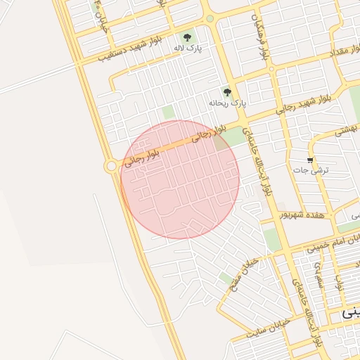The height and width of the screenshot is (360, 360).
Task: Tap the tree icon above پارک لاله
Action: tap(187, 37)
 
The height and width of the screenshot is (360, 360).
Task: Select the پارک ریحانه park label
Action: tap(229, 102)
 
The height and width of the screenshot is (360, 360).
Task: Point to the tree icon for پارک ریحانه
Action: tap(226, 91)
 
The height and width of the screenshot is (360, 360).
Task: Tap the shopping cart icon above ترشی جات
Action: tap(310, 160)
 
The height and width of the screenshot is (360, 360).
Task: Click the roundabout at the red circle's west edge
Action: tap(110, 166)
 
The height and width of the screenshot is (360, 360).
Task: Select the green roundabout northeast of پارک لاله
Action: tap(210, 19)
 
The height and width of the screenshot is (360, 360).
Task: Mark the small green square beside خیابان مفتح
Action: tap(226, 278)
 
